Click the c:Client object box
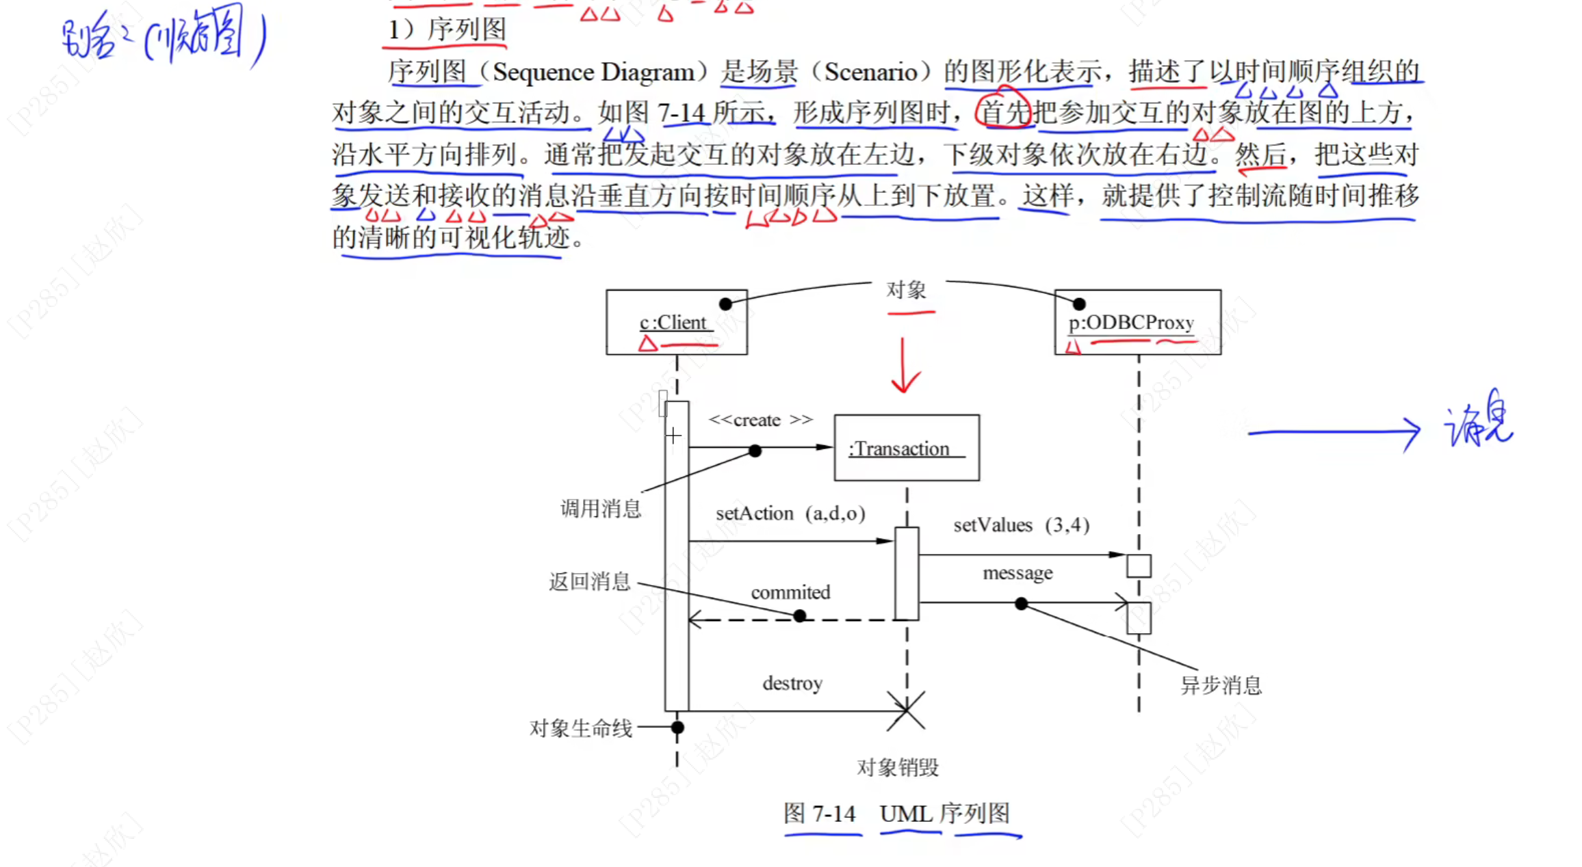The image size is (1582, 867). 676,322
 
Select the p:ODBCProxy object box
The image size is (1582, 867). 1137,322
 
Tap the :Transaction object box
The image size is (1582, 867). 906,448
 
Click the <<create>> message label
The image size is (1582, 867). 760,420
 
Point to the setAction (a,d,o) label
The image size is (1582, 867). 790,513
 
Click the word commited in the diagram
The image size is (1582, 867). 790,592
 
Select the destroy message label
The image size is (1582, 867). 792,683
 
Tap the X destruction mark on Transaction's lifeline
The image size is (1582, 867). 906,710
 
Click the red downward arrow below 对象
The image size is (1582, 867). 905,366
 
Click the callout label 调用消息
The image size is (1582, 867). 600,509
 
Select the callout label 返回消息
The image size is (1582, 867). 589,582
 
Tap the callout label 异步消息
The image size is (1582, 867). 1221,685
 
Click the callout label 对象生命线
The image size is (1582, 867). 580,728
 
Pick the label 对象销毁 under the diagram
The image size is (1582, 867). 897,768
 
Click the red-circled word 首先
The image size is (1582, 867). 1003,112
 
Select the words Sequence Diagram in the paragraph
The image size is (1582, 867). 593,72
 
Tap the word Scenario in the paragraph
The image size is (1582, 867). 870,72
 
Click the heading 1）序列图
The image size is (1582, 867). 447,29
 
